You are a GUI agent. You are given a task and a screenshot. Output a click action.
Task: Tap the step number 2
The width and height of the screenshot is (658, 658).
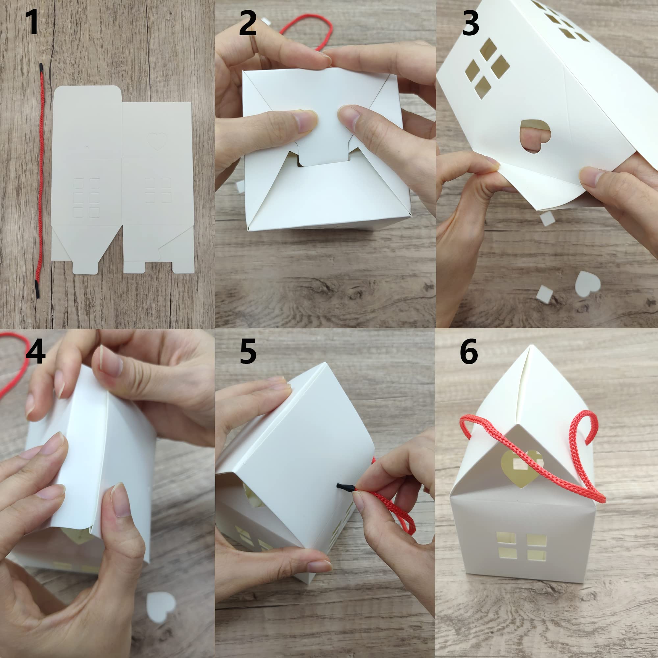pyautogui.click(x=248, y=23)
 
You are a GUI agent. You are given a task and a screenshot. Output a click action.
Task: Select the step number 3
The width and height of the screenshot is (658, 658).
pyautogui.click(x=471, y=23)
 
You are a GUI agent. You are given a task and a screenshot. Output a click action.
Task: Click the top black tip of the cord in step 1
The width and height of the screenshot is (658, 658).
pyautogui.click(x=41, y=67)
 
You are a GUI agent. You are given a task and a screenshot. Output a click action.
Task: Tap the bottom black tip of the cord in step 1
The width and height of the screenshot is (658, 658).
pyautogui.click(x=37, y=289)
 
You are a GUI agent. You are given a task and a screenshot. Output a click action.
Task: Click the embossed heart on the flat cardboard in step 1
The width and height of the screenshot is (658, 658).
pyautogui.click(x=157, y=141)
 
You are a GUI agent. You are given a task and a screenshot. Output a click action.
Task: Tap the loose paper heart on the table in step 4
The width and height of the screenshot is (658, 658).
pyautogui.click(x=161, y=607)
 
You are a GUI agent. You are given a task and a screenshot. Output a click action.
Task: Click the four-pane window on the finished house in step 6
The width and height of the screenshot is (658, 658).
pyautogui.click(x=521, y=546)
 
